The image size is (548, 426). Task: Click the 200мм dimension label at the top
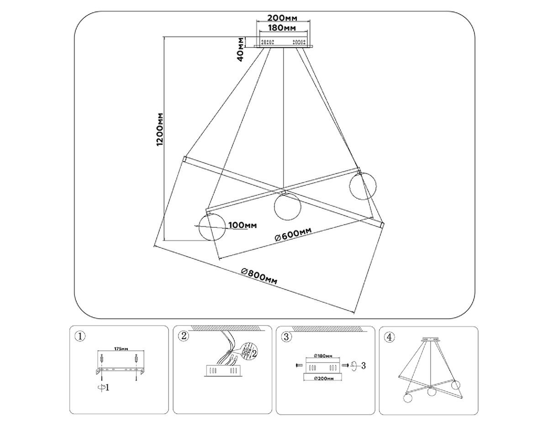(x=283, y=18)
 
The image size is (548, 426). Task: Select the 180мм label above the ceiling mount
(x=283, y=28)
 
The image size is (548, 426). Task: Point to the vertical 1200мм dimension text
(x=159, y=129)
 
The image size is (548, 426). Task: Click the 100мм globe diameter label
(x=242, y=225)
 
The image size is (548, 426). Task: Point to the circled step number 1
(x=80, y=337)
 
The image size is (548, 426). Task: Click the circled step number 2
(x=184, y=337)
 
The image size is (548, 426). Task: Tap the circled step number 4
(x=389, y=337)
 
